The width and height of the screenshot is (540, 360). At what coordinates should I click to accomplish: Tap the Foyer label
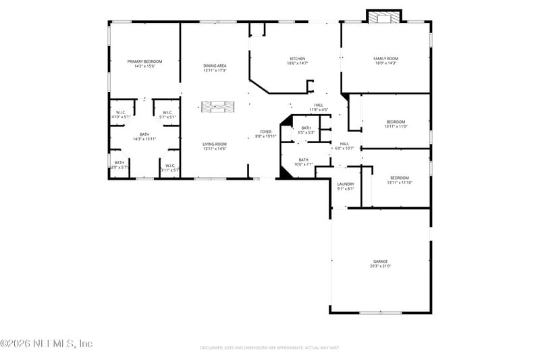266,133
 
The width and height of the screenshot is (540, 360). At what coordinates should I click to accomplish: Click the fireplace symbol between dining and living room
217,107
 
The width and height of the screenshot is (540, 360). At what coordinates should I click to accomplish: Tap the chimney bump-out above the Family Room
384,16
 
